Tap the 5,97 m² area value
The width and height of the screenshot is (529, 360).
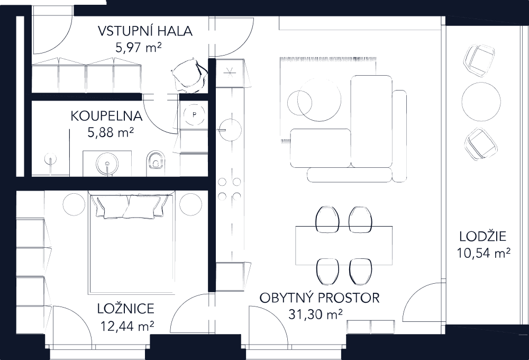(x=138, y=48)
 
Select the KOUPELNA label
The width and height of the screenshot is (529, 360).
(x=106, y=116)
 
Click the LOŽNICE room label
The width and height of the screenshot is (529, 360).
(x=126, y=309)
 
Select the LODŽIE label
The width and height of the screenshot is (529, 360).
(x=483, y=237)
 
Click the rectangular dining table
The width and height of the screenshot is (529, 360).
(x=344, y=245)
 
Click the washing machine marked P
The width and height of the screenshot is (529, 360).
(x=195, y=114)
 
